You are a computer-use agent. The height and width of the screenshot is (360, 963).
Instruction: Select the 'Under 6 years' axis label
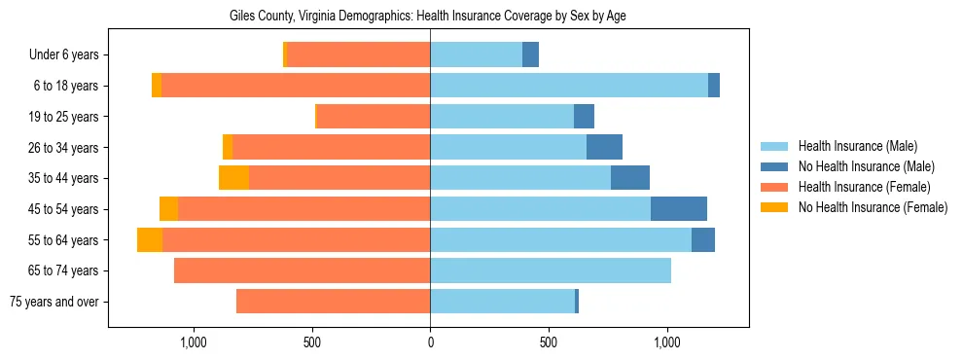point(63,55)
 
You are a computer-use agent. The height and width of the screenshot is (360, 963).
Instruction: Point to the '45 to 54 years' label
point(63,209)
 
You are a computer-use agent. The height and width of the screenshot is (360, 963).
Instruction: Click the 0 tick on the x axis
point(430,342)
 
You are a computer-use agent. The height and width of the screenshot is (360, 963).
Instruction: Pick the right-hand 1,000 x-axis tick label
point(667,342)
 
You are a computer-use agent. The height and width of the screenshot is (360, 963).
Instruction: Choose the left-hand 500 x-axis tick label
point(311,342)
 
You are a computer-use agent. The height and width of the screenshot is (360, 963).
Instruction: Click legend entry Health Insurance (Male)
point(857,146)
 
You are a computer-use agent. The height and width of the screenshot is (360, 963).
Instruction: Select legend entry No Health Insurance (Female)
point(873,207)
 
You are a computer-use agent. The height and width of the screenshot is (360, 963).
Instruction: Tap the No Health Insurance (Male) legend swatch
point(775,166)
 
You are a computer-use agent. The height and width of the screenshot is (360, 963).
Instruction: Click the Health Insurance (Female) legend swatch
point(775,187)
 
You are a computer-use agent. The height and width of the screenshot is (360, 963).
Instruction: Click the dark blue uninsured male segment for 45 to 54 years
point(679,209)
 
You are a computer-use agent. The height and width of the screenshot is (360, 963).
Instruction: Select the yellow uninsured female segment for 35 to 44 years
point(233,178)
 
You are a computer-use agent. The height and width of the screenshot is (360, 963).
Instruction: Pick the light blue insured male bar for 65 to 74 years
point(551,270)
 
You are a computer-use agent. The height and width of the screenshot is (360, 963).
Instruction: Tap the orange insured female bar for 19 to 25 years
point(374,117)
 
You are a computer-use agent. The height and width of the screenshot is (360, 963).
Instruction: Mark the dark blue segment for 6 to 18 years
point(714,86)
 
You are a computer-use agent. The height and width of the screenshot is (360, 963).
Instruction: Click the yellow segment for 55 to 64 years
point(150,240)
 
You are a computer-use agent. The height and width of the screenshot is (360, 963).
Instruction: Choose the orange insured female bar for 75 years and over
point(333,302)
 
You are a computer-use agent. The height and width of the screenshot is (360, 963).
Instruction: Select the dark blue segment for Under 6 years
point(530,55)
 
